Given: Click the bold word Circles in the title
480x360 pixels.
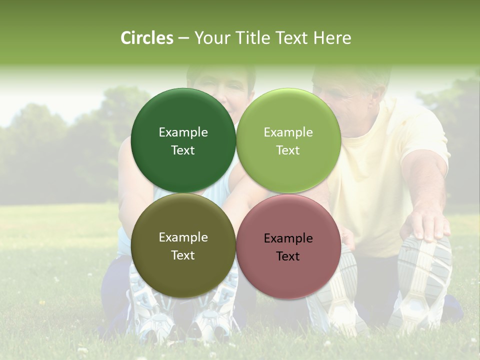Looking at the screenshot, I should (x=147, y=38).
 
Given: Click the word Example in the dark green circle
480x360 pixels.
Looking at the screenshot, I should (x=183, y=132).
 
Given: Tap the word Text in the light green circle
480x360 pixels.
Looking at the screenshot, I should (x=288, y=150).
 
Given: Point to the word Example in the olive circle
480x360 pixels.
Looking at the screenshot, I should (x=183, y=237).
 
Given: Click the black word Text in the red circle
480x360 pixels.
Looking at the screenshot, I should (x=288, y=256).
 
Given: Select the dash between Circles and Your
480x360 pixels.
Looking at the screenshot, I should (x=183, y=38).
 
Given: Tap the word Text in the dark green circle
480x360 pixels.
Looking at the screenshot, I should (x=183, y=150).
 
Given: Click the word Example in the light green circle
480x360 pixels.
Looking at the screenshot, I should (x=288, y=132).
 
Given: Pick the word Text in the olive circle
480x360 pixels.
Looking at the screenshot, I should (x=183, y=255).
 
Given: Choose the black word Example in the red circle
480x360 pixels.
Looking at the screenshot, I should (x=288, y=238).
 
